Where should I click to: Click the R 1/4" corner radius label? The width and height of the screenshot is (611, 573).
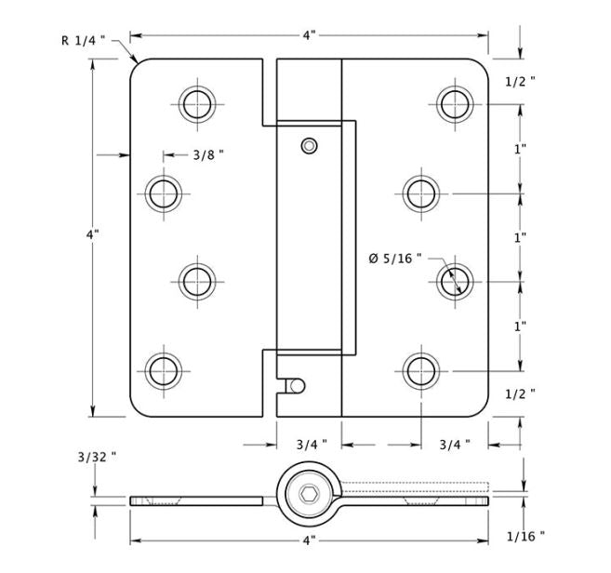(84, 40)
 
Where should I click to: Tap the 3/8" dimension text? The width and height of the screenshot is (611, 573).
(209, 155)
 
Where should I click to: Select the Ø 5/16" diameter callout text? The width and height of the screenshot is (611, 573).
(395, 258)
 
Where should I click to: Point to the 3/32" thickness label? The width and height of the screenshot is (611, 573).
(97, 457)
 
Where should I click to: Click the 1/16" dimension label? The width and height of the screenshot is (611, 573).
(525, 537)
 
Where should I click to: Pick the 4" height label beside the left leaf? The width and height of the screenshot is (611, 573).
(92, 234)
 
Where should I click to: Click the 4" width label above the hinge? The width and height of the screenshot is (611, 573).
(309, 35)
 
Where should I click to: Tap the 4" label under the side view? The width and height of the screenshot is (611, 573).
(309, 540)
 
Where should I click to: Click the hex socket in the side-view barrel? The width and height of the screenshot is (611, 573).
(309, 494)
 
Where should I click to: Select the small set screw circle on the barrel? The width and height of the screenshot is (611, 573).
(309, 146)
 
